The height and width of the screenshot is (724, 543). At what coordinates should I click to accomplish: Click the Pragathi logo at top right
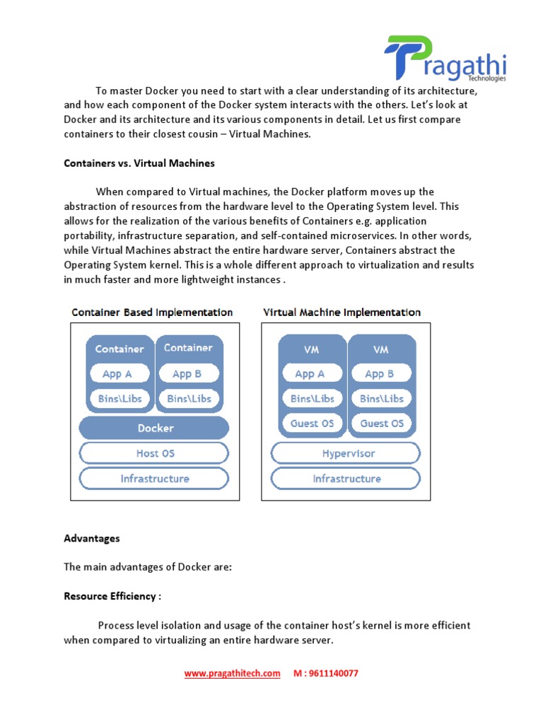[x=445, y=59]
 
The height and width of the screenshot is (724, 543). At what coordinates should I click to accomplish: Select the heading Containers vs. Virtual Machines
[x=139, y=163]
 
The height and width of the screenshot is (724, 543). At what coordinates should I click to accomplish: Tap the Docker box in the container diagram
[x=154, y=428]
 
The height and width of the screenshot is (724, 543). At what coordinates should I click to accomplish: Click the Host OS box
[x=154, y=453]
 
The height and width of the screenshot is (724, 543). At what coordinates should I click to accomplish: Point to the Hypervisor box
[x=346, y=453]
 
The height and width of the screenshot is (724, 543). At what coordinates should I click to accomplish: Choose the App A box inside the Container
[x=118, y=374]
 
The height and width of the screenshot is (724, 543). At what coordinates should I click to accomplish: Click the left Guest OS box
[x=312, y=424]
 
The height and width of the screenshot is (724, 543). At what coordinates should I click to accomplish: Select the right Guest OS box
[x=381, y=424]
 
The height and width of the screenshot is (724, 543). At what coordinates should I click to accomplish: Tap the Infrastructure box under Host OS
[x=154, y=479]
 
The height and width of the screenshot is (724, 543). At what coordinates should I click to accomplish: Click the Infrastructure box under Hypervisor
[x=346, y=479]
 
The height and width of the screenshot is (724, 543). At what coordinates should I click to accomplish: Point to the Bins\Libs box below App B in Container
[x=188, y=399]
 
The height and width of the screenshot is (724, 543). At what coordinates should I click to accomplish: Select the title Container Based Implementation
[x=152, y=312]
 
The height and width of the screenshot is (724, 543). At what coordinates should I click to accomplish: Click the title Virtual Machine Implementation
[x=341, y=312]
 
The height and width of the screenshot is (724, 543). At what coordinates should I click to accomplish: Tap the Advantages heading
[x=92, y=538]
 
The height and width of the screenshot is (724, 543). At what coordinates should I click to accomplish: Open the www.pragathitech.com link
[x=232, y=673]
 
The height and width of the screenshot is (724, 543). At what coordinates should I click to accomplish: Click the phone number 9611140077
[x=332, y=673]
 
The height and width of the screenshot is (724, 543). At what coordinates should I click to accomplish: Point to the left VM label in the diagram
[x=312, y=349]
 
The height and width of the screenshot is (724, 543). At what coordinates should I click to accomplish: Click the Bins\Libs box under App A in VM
[x=312, y=399]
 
